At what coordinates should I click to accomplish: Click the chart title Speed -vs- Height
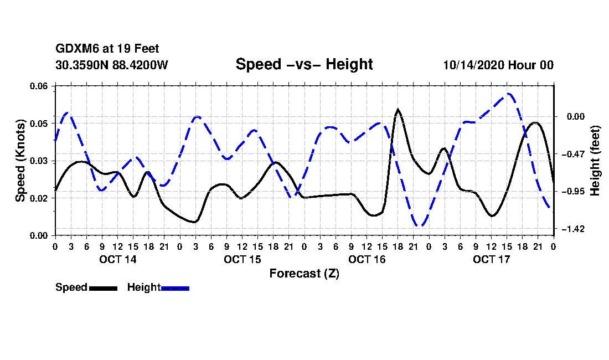tap(304, 64)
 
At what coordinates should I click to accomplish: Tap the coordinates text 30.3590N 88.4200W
tap(111, 65)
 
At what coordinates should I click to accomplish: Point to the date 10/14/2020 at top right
tap(474, 65)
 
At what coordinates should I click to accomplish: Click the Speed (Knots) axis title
tap(20, 161)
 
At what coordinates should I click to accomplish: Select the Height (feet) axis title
tap(595, 161)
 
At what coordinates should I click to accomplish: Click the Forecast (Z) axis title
tap(304, 274)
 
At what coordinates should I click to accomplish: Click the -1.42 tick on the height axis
tap(573, 229)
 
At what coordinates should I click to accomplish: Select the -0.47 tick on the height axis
tap(573, 154)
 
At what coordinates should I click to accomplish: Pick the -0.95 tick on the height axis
tap(573, 192)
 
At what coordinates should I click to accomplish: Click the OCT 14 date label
tap(118, 259)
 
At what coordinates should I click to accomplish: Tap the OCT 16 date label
tap(367, 259)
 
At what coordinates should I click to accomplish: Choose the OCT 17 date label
tap(491, 259)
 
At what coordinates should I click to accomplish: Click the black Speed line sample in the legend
tap(103, 288)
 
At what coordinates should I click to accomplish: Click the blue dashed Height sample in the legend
tap(175, 288)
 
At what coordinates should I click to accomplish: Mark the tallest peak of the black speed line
tap(398, 110)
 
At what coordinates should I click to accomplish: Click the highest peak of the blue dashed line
tap(508, 94)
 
